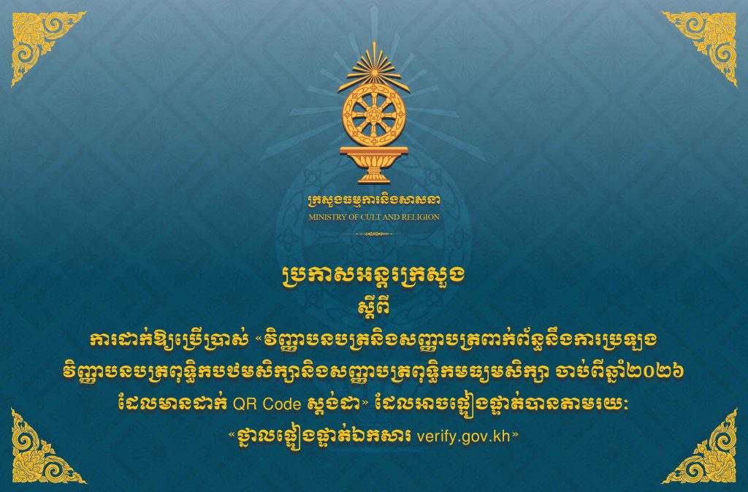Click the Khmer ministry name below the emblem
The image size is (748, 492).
point(374,201)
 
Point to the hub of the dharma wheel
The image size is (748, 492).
point(373,115)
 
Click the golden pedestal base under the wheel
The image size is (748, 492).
point(374,164)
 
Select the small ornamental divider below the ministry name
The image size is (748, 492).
point(374,234)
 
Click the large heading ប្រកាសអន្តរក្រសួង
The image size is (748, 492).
point(373,277)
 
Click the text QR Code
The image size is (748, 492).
point(267,404)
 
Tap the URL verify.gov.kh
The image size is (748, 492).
point(463,436)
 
